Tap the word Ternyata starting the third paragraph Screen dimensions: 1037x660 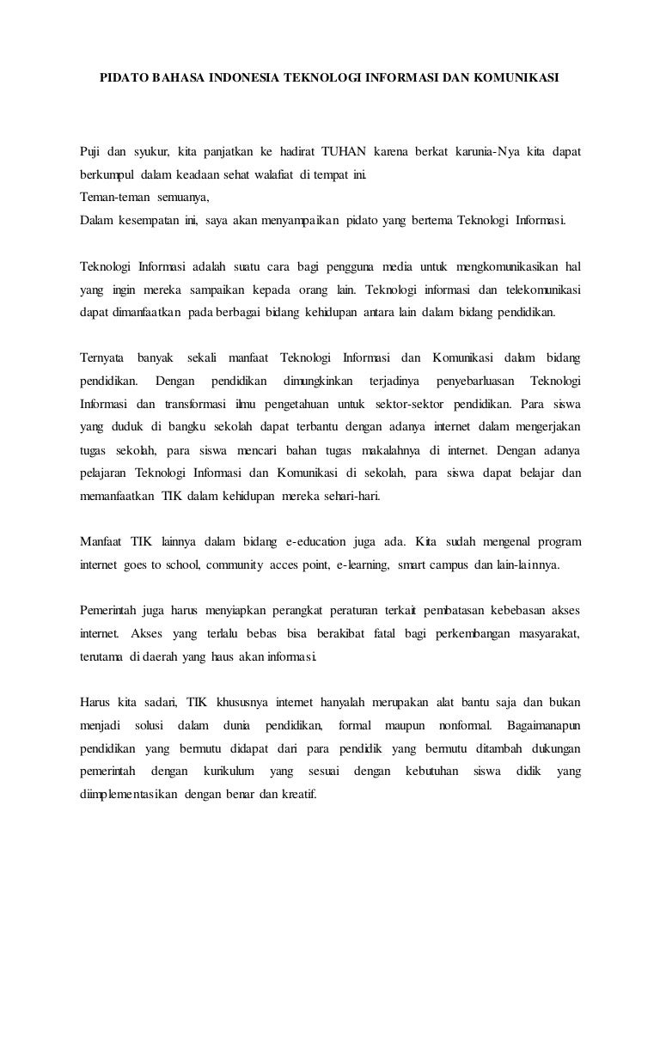[102, 357]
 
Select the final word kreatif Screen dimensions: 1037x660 [299, 795]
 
